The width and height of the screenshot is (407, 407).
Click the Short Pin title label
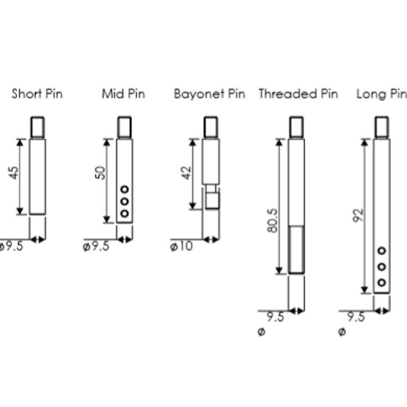[x=37, y=94]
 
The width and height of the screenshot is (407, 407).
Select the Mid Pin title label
[x=123, y=94]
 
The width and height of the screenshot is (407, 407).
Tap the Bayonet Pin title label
[x=210, y=94]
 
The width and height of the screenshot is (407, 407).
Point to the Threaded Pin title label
[x=298, y=94]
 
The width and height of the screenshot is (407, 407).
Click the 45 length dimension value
[x=14, y=172]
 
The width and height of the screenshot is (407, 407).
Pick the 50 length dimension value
[x=100, y=172]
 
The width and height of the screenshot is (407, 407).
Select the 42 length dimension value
[x=186, y=172]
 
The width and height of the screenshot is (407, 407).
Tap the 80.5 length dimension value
[x=272, y=221]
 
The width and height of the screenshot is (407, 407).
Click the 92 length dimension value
[x=358, y=215]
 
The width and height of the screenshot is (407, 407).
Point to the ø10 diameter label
[x=182, y=246]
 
